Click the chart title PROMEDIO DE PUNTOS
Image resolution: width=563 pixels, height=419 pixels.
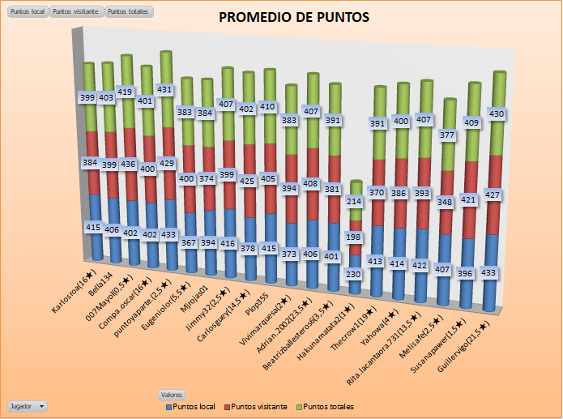click(x=293, y=17)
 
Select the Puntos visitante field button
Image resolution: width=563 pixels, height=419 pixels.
click(x=76, y=12)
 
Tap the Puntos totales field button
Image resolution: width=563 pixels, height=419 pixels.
click(x=128, y=12)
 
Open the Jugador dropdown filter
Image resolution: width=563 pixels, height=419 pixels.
click(x=27, y=405)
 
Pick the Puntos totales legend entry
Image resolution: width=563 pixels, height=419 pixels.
click(x=325, y=406)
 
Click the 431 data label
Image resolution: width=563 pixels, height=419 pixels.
click(x=165, y=90)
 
